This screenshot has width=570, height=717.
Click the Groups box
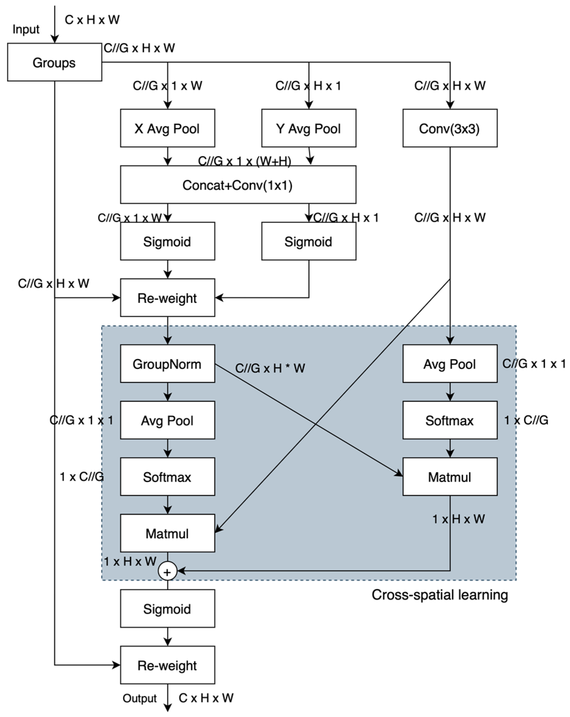(x=54, y=62)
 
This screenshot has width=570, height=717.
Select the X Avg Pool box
(x=167, y=128)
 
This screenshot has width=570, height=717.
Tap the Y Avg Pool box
(x=309, y=128)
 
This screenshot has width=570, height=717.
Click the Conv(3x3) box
(x=450, y=128)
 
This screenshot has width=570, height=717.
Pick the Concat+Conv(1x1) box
(x=238, y=185)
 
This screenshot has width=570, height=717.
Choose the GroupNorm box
(x=167, y=363)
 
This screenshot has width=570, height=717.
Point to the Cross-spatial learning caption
(x=439, y=595)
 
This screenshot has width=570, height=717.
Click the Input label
(x=26, y=29)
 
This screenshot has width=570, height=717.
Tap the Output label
(x=139, y=698)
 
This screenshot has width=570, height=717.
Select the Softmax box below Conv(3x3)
(x=450, y=420)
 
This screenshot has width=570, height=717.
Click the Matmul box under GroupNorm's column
(x=167, y=533)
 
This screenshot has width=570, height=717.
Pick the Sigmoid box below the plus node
(x=167, y=609)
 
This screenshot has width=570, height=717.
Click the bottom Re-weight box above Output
(x=167, y=665)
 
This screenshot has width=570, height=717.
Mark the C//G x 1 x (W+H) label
(x=244, y=161)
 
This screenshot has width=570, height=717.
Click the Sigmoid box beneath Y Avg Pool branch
(x=309, y=241)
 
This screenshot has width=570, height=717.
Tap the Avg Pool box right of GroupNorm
(x=450, y=363)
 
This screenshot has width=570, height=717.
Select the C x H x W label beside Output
(x=206, y=698)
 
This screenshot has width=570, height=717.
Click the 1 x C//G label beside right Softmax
(x=526, y=420)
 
